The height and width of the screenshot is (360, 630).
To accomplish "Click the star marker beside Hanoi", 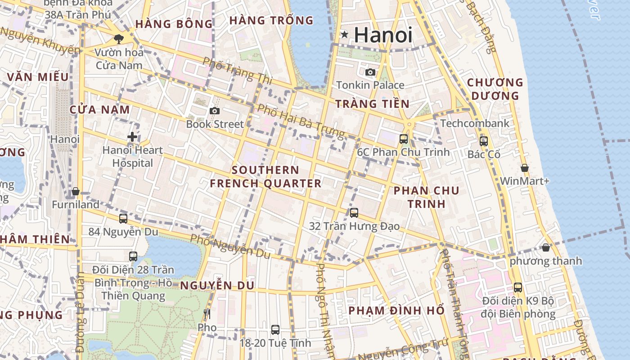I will [x=344, y=34].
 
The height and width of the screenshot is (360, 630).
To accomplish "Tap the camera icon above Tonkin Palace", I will [x=370, y=72].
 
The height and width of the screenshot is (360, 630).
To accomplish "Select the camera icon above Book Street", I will [x=215, y=111].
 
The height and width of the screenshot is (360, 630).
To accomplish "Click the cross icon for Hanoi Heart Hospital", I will [x=132, y=136].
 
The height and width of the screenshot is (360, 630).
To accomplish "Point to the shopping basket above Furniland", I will [x=76, y=191].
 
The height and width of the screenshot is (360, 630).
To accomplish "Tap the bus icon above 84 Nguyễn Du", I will [x=123, y=219].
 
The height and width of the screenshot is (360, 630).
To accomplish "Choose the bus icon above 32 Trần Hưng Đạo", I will [x=354, y=212].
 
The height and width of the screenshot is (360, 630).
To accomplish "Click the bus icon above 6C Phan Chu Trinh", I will [x=404, y=139].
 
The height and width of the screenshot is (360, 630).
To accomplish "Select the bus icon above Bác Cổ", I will [x=484, y=141].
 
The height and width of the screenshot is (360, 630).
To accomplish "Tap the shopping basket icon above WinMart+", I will [x=525, y=168].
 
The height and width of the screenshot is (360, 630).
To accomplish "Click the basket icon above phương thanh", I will [x=546, y=247].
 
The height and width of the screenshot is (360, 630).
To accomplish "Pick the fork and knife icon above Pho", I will [x=207, y=314].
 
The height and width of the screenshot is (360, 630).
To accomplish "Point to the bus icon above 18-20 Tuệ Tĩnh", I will [x=275, y=330].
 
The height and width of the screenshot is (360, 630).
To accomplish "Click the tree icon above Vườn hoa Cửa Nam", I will [x=119, y=39].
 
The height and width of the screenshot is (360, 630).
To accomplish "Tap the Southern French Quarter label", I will [x=266, y=177].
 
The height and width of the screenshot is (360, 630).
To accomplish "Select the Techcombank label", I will [x=475, y=123].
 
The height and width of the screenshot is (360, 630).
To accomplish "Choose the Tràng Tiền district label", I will [x=373, y=104].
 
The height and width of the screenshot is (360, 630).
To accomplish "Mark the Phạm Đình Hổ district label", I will [x=396, y=310].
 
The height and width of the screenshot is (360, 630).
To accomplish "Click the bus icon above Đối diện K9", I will [x=518, y=287].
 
